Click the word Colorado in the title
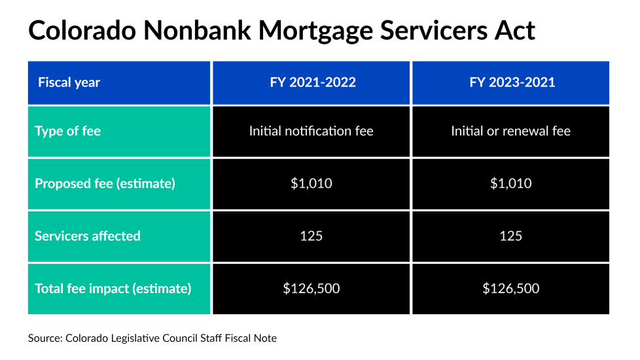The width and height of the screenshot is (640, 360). pyautogui.click(x=82, y=31)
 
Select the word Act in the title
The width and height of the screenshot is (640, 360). pyautogui.click(x=515, y=31)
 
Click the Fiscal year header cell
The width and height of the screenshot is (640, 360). pyautogui.click(x=119, y=83)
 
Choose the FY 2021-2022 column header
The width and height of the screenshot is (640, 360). pyautogui.click(x=311, y=83)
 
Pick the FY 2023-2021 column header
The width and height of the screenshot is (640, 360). pyautogui.click(x=510, y=83)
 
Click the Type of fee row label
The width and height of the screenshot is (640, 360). pyautogui.click(x=119, y=132)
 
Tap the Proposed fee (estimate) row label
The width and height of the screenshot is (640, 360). pyautogui.click(x=119, y=184)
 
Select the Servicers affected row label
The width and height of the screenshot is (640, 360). pyautogui.click(x=119, y=236)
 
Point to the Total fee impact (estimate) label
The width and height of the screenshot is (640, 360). pyautogui.click(x=119, y=289)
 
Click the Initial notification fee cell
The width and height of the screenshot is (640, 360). pyautogui.click(x=311, y=132)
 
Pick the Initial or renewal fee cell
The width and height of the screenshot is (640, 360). pyautogui.click(x=510, y=132)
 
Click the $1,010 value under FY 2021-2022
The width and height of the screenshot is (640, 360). pyautogui.click(x=311, y=184)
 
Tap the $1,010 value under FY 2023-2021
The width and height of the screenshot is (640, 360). pyautogui.click(x=510, y=184)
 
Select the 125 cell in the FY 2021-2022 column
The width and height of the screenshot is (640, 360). pyautogui.click(x=311, y=236)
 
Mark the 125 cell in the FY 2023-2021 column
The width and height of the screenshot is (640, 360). pyautogui.click(x=510, y=236)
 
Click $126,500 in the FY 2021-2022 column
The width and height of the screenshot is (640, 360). pyautogui.click(x=311, y=289)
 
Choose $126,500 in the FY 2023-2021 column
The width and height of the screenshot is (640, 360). pyautogui.click(x=510, y=289)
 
